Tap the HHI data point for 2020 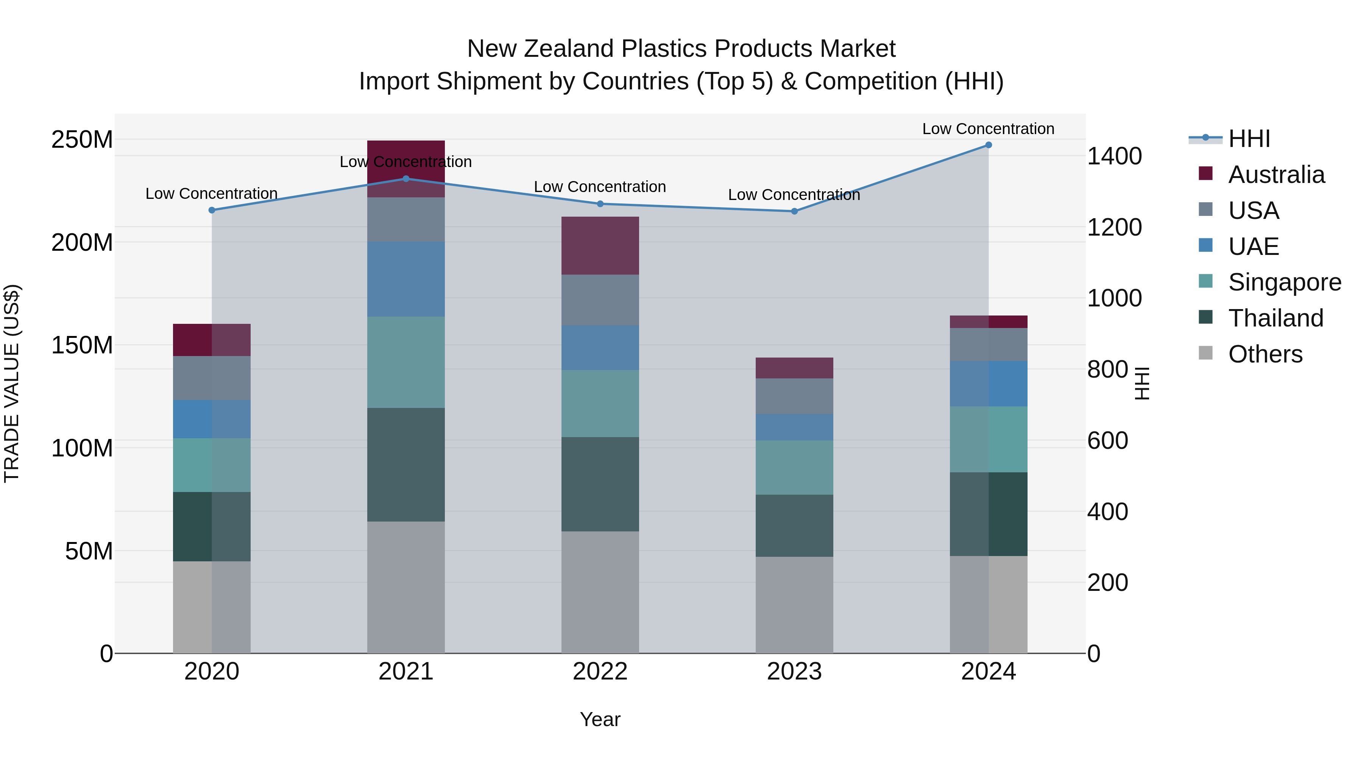(x=212, y=210)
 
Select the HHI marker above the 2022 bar (x=600, y=204)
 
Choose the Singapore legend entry (x=1284, y=282)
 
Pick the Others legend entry (x=1265, y=354)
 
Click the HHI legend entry (x=1249, y=139)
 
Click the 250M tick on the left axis (x=82, y=140)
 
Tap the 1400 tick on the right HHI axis (x=1114, y=157)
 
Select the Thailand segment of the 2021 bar (x=406, y=464)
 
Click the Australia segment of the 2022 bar (x=600, y=245)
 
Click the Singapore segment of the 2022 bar (x=600, y=403)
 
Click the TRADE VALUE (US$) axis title (x=12, y=383)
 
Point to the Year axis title (x=600, y=719)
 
